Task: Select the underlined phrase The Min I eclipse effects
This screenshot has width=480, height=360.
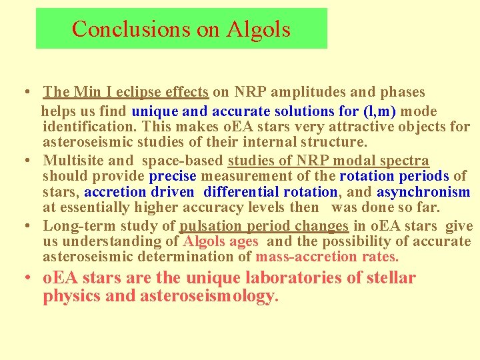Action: tap(126, 92)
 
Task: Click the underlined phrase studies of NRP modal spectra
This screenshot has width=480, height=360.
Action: tap(329, 160)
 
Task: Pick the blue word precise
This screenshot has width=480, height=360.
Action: tap(173, 176)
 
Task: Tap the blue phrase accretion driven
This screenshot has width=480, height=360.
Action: tap(139, 192)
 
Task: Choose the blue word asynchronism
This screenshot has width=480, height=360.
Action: tap(423, 192)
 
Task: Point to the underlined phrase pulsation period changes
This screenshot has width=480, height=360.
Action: tap(264, 226)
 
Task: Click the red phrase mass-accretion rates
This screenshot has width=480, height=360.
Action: tap(327, 257)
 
